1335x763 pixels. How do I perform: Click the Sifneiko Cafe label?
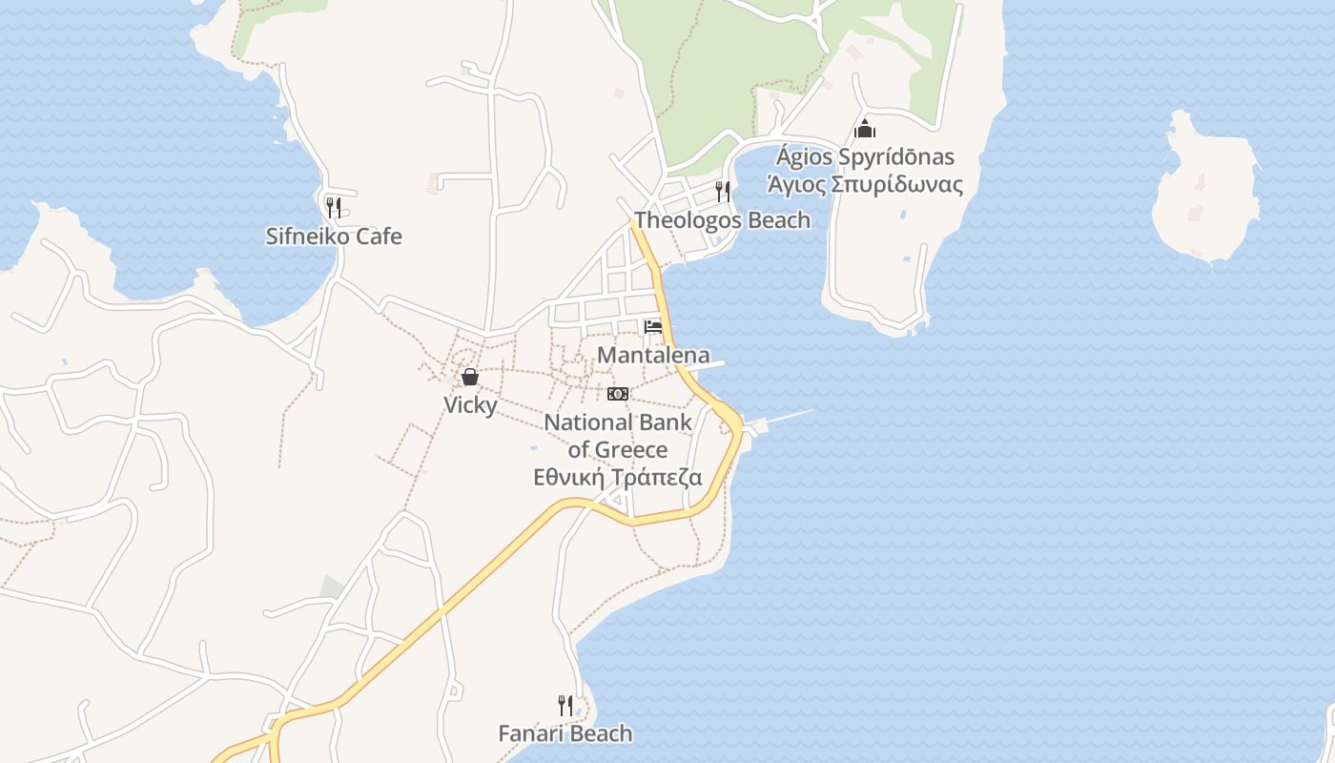[x=334, y=237]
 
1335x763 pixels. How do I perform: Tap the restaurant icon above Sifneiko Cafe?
[x=333, y=207]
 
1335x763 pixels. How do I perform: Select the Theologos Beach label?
[x=722, y=220]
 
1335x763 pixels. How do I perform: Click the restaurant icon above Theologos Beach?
[x=723, y=192]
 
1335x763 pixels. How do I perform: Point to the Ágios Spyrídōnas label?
[x=865, y=157]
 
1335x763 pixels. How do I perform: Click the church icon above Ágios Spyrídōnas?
[x=865, y=129]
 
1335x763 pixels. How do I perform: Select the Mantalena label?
[x=653, y=356]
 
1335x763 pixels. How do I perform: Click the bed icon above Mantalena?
[x=653, y=327]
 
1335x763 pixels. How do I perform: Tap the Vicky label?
[x=470, y=405]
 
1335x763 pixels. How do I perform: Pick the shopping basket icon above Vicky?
[x=470, y=377]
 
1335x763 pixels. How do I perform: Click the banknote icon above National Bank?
[x=618, y=394]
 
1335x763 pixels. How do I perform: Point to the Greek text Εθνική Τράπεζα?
[x=618, y=478]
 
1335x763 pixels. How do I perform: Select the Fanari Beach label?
[x=565, y=733]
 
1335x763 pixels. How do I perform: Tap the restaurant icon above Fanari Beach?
[x=565, y=706]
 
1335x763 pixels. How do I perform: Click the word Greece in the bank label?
[x=630, y=449]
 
